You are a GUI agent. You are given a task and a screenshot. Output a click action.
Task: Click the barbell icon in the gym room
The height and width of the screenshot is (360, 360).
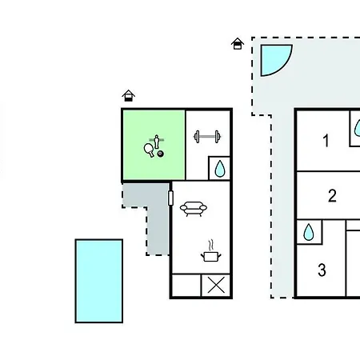[x=207, y=137]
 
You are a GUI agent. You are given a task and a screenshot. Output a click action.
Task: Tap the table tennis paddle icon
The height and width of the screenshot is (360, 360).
[x=149, y=150]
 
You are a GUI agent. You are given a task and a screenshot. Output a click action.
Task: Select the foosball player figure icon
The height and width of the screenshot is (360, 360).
[x=157, y=142]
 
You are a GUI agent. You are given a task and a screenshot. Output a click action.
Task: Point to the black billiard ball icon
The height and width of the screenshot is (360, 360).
[x=161, y=154]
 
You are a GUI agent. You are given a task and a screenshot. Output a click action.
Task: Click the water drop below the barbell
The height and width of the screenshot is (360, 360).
[x=220, y=169]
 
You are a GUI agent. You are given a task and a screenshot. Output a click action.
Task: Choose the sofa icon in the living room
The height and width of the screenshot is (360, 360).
[x=194, y=209]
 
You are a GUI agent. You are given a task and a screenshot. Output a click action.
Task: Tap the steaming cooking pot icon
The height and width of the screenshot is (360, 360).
[x=211, y=254]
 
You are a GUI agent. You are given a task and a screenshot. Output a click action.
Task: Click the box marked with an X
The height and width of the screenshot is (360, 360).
[x=216, y=285]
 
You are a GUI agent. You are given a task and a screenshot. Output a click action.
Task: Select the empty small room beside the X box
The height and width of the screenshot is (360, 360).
[x=186, y=285]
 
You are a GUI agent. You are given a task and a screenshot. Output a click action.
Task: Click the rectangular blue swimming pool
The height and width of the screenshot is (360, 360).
[x=99, y=281]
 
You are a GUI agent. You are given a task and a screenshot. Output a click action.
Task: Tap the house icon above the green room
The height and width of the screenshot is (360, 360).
[x=128, y=95]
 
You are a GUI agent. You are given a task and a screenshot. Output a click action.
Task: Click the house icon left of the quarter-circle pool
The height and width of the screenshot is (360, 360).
[x=238, y=44]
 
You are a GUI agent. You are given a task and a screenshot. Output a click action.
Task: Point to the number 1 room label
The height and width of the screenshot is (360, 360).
[x=326, y=141]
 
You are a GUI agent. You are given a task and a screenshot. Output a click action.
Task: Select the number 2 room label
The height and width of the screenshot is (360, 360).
[x=332, y=196]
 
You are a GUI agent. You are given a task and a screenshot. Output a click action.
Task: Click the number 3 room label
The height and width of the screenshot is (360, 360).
[x=322, y=270]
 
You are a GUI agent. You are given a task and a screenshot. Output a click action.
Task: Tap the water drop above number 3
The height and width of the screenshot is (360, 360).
[x=309, y=232]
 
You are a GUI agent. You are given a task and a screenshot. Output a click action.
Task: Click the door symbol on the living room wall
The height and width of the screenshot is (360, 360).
[x=170, y=198]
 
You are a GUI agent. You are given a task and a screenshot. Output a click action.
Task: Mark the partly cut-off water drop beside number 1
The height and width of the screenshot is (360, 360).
[x=358, y=128]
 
